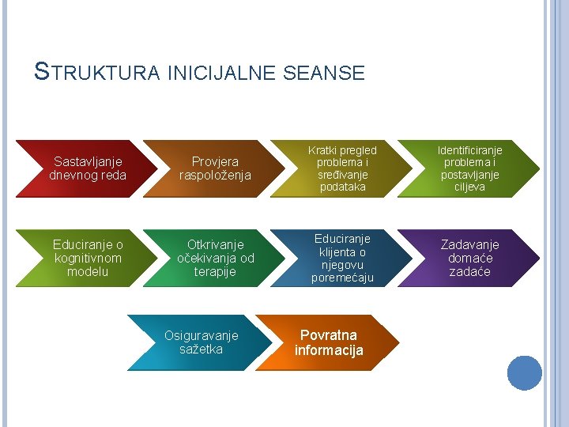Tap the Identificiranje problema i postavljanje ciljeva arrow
(469, 168)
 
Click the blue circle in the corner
(524, 372)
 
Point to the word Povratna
(329, 335)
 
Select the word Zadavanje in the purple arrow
(469, 244)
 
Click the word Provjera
(215, 161)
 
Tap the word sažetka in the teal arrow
(202, 350)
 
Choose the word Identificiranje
(470, 149)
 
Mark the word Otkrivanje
(216, 244)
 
